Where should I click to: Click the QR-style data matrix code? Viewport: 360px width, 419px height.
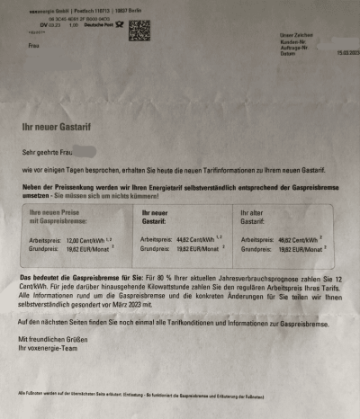(139, 30)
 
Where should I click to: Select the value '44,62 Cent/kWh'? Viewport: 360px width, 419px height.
(196, 240)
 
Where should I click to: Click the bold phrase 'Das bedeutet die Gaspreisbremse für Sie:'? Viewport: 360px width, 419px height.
(81, 278)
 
